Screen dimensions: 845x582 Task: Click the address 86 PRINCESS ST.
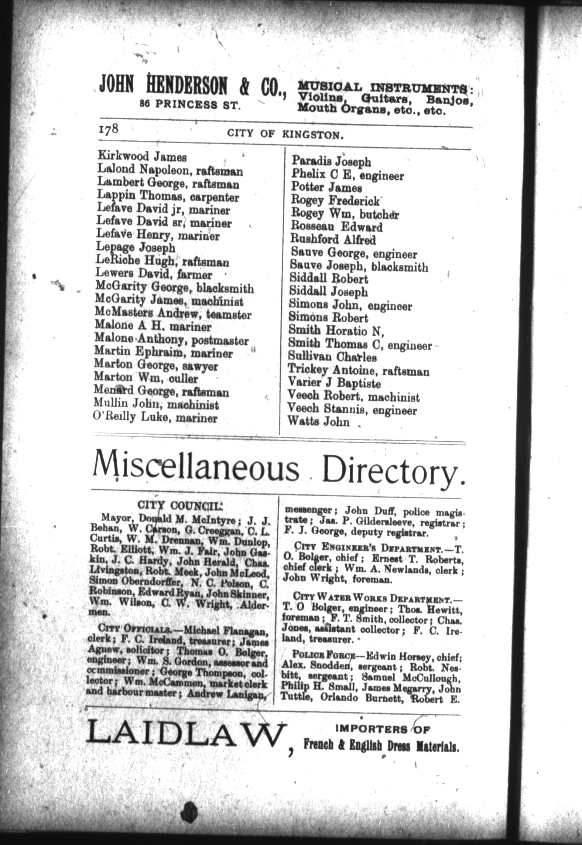click(190, 105)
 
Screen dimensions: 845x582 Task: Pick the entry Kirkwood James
click(142, 157)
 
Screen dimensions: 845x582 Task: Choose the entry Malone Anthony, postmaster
click(171, 341)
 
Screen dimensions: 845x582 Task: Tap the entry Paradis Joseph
click(331, 161)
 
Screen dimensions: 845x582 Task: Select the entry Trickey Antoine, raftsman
click(359, 370)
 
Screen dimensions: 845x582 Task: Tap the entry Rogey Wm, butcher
click(345, 214)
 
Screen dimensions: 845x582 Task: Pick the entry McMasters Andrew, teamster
click(173, 315)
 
